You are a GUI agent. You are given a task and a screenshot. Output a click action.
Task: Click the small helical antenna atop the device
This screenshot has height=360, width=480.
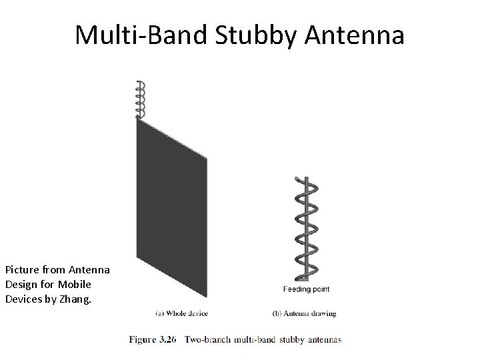(140, 99)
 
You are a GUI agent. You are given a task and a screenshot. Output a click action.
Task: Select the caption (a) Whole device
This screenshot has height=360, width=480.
(182, 313)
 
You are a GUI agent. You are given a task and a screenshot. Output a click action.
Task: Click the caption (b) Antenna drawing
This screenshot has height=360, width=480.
(305, 313)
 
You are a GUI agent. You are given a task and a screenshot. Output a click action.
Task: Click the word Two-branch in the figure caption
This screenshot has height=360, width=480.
(207, 339)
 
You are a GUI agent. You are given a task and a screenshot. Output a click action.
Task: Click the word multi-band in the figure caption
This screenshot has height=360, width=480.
(254, 339)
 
